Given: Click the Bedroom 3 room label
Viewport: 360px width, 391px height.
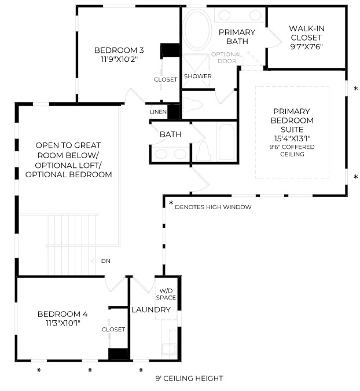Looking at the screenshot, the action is pyautogui.click(x=119, y=50).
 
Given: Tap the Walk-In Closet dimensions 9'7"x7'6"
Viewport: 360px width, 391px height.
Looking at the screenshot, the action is pyautogui.click(x=306, y=47).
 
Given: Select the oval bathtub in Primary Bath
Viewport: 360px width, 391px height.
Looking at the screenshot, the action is pyautogui.click(x=197, y=30).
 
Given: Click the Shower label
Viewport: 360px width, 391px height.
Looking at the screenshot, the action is pyautogui.click(x=198, y=76).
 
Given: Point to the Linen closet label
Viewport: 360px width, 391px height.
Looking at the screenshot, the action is pyautogui.click(x=158, y=112).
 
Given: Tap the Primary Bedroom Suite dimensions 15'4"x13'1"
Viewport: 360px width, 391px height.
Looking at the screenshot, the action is pyautogui.click(x=292, y=138).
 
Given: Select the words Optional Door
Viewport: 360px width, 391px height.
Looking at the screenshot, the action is pyautogui.click(x=227, y=57).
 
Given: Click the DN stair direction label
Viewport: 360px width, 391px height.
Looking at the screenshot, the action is pyautogui.click(x=106, y=261).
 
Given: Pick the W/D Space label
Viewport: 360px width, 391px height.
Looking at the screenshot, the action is pyautogui.click(x=166, y=294).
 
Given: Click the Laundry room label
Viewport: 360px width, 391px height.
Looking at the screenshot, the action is pyautogui.click(x=151, y=310).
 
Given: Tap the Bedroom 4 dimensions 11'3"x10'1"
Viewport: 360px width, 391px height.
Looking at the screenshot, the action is pyautogui.click(x=63, y=323).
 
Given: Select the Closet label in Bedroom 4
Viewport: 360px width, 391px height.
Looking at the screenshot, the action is pyautogui.click(x=113, y=330).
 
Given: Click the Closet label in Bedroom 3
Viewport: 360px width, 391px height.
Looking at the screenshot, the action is pyautogui.click(x=166, y=79).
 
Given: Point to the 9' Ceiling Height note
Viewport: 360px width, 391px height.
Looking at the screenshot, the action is pyautogui.click(x=189, y=378).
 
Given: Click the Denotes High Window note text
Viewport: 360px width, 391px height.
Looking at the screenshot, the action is pyautogui.click(x=213, y=207).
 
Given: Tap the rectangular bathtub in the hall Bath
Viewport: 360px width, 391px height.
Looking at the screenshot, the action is pyautogui.click(x=226, y=141).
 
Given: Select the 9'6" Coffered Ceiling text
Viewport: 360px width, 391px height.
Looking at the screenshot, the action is pyautogui.click(x=292, y=151).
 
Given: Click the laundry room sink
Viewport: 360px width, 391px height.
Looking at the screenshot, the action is pyautogui.click(x=170, y=349).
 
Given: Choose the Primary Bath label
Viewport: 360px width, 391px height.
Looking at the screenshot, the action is pyautogui.click(x=237, y=36).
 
